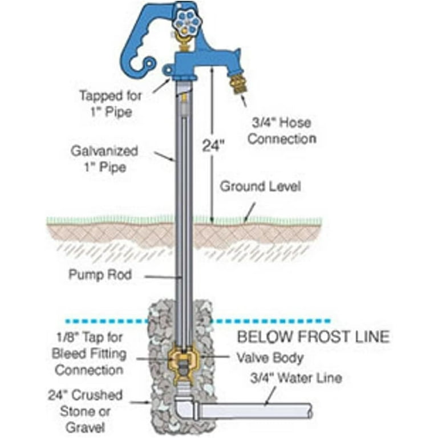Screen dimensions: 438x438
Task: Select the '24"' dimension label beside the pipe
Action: (x=214, y=145)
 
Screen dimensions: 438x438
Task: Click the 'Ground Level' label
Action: (x=260, y=186)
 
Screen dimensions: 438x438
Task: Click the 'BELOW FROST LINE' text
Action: (x=313, y=336)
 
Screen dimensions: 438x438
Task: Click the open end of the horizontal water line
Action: (x=311, y=411)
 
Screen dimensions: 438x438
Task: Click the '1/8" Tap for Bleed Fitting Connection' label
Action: (x=88, y=354)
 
